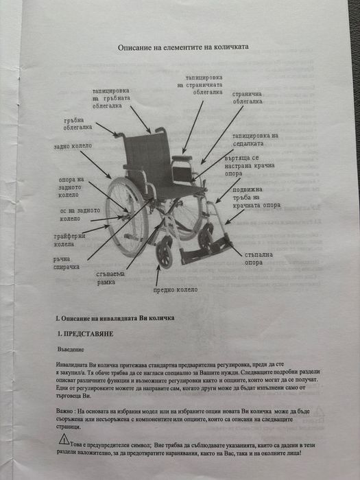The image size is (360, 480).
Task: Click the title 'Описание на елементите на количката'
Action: [x=183, y=47]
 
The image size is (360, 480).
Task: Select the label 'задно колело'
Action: [x=72, y=147]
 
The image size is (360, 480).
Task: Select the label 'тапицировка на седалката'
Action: [x=254, y=140]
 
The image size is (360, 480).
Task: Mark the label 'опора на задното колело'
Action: [x=71, y=187]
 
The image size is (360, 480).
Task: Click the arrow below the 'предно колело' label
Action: [x=157, y=274]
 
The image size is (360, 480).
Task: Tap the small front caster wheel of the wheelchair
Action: [x=164, y=255]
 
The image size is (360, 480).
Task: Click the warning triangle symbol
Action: [x=63, y=439]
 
